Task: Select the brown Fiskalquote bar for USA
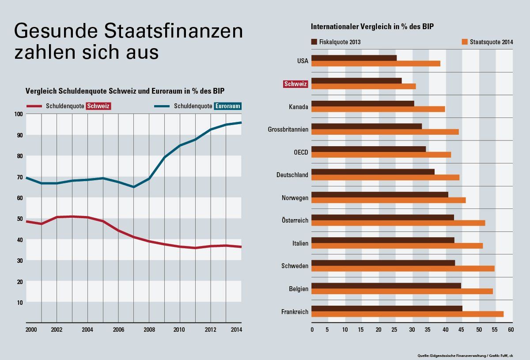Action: pyautogui.click(x=354, y=58)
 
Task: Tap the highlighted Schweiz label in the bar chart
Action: pyautogui.click(x=296, y=83)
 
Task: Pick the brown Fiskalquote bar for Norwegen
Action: pyautogui.click(x=380, y=194)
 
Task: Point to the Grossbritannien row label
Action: pyautogui.click(x=288, y=129)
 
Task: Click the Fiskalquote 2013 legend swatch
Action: pyautogui.click(x=314, y=42)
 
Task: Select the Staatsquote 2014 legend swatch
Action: pyautogui.click(x=464, y=42)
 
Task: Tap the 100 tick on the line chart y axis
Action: pyautogui.click(x=18, y=114)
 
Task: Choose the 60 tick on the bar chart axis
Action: pyautogui.click(x=511, y=330)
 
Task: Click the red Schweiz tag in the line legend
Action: pyautogui.click(x=98, y=106)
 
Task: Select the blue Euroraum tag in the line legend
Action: pyautogui.click(x=227, y=106)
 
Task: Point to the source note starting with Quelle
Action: pyautogui.click(x=465, y=355)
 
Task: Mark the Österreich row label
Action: pyautogui.click(x=295, y=220)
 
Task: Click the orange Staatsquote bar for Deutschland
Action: pyautogui.click(x=385, y=178)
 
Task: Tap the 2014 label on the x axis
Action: pyautogui.click(x=236, y=330)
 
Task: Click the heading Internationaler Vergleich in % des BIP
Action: pyautogui.click(x=372, y=27)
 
